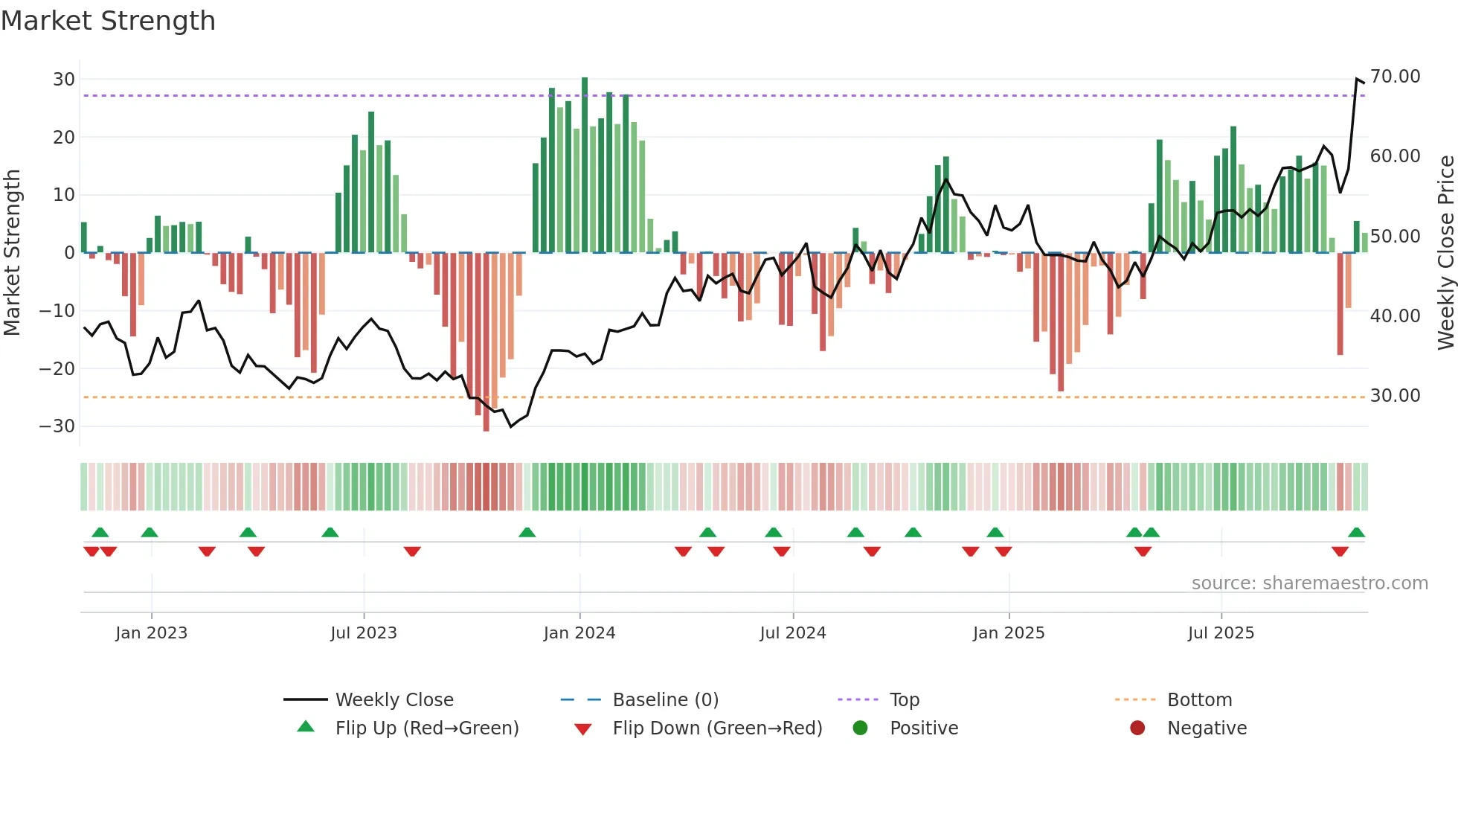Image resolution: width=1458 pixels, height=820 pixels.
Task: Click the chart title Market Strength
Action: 108,21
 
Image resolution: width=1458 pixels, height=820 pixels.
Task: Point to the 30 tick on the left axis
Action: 64,80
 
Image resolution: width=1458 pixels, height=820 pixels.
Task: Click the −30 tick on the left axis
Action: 58,426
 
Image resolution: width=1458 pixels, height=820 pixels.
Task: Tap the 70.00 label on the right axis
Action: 1395,77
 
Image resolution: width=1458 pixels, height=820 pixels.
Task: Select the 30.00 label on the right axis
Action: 1395,396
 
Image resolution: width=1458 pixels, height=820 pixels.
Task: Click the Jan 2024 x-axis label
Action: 579,633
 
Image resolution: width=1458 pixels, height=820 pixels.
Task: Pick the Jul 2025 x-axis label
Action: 1221,633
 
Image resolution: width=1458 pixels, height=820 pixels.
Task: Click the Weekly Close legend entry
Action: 394,700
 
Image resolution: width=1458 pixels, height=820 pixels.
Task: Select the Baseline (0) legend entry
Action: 665,700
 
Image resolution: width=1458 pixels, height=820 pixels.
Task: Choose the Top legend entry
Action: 905,700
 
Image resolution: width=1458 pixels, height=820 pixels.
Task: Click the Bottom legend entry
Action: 1199,700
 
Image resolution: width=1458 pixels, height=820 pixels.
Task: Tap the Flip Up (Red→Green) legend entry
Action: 427,728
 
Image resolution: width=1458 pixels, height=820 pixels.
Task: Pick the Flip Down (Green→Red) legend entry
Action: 717,728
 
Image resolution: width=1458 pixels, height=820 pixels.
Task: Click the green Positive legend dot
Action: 861,728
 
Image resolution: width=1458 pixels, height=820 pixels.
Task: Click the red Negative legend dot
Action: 1137,728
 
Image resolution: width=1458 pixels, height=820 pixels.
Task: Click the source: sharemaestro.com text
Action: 1309,583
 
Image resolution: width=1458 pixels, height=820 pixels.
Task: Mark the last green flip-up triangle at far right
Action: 1356,533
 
